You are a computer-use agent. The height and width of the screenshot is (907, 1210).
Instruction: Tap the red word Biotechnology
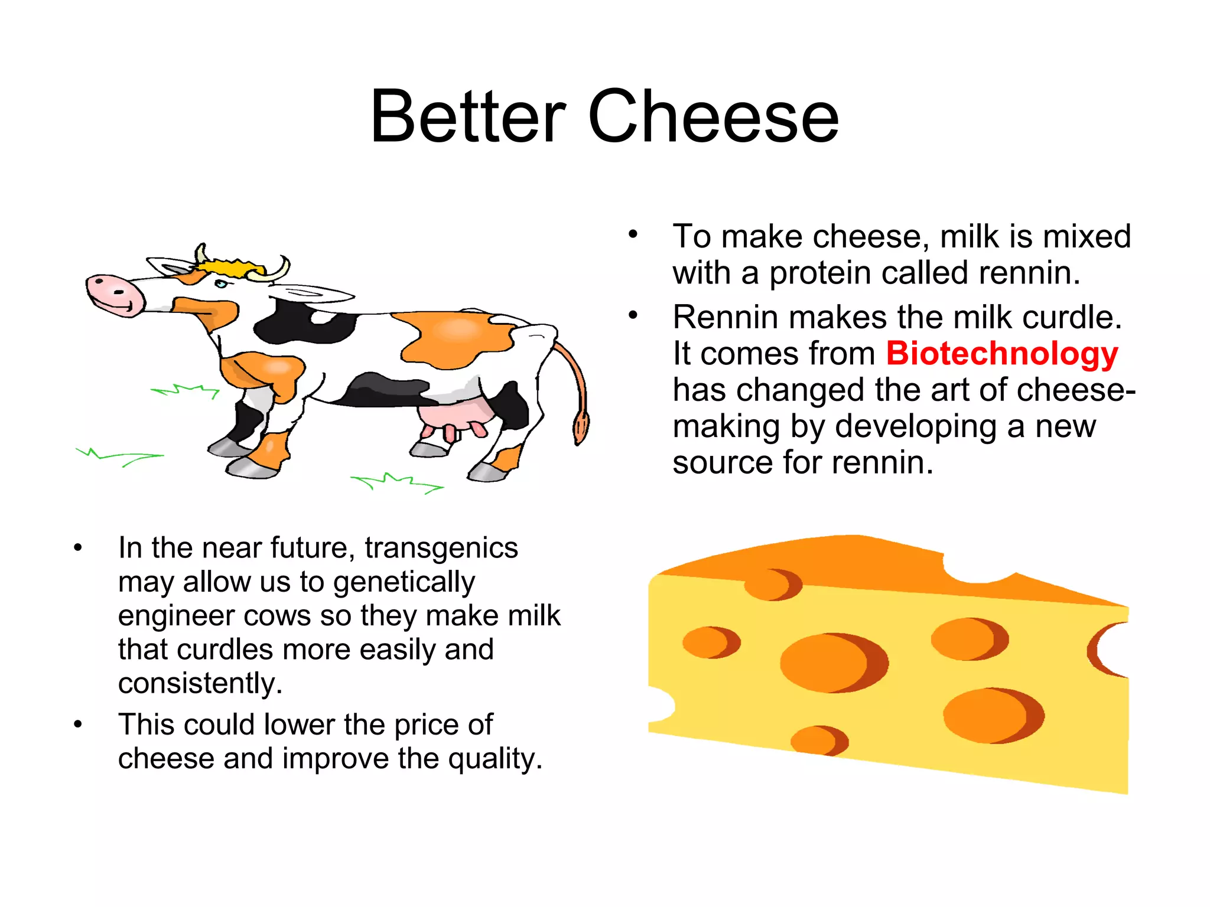click(x=1001, y=354)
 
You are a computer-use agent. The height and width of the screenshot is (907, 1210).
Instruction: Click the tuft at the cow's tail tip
click(x=580, y=428)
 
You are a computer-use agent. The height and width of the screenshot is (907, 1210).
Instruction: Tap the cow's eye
click(x=221, y=284)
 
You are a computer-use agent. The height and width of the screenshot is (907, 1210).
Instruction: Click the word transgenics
click(x=441, y=548)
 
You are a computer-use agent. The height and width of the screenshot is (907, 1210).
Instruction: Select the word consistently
click(x=200, y=684)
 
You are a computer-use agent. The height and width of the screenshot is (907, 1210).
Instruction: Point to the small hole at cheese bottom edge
click(x=818, y=741)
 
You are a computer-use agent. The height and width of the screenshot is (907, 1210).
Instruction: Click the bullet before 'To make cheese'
click(x=633, y=234)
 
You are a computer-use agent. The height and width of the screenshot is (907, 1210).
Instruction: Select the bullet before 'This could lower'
click(x=78, y=724)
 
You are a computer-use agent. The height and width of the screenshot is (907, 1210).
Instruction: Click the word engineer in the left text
click(x=176, y=616)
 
